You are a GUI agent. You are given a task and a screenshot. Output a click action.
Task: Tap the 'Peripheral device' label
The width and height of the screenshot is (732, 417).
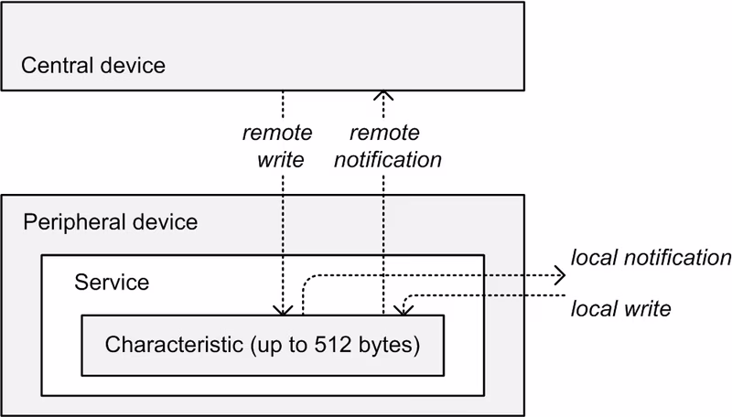pyautogui.click(x=110, y=222)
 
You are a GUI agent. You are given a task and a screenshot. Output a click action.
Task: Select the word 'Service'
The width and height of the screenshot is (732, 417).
pyautogui.click(x=111, y=281)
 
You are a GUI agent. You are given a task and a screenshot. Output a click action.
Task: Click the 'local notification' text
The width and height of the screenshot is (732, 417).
pyautogui.click(x=651, y=258)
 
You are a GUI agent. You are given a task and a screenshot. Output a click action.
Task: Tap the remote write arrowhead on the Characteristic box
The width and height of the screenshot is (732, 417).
pyautogui.click(x=285, y=309)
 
